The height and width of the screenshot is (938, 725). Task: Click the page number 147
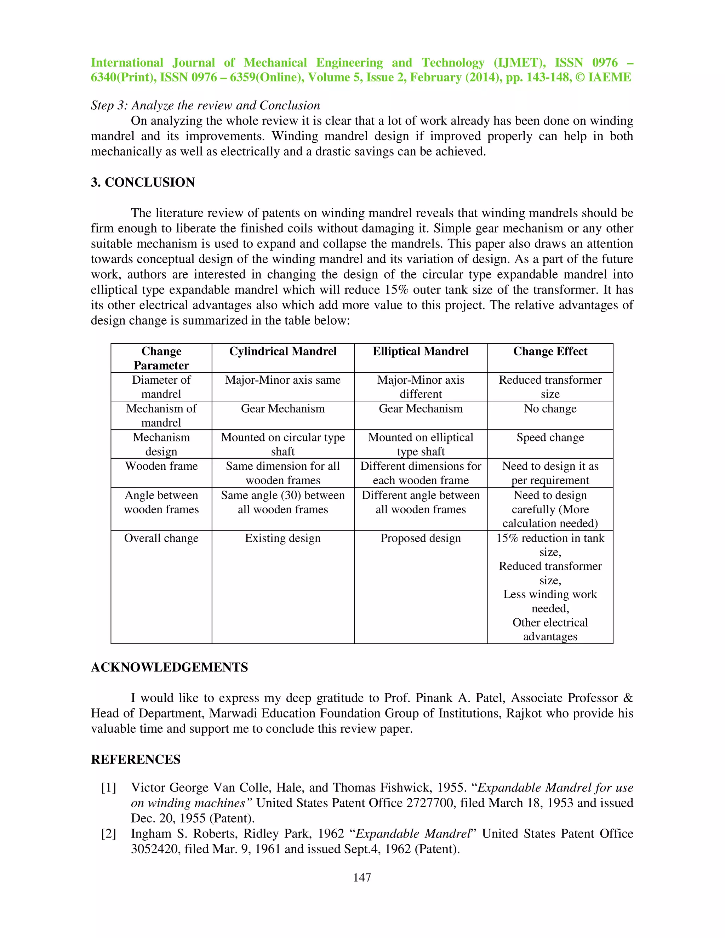pyautogui.click(x=362, y=877)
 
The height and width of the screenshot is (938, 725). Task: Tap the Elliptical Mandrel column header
pyautogui.click(x=421, y=351)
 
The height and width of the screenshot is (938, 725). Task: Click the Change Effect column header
pyautogui.click(x=550, y=351)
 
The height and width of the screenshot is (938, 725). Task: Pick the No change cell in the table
pyautogui.click(x=550, y=408)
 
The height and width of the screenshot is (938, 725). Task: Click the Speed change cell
pyautogui.click(x=550, y=437)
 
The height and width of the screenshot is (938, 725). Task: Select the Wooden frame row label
pyautogui.click(x=161, y=466)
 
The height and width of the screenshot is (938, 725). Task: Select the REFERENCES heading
pyautogui.click(x=136, y=759)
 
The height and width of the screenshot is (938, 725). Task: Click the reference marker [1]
pyautogui.click(x=109, y=788)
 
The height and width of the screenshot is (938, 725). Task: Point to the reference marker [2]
pyautogui.click(x=109, y=834)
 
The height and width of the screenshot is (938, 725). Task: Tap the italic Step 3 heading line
pyautogui.click(x=205, y=105)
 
